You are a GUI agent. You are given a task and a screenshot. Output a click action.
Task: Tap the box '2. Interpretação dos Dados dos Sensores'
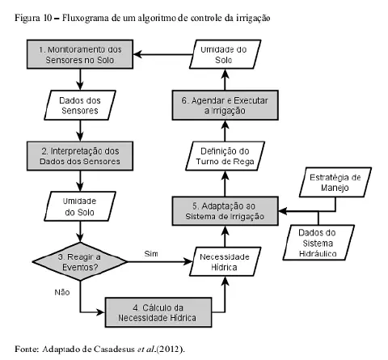pos(81,154)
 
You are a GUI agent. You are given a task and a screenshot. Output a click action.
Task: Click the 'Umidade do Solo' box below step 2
pos(81,206)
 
